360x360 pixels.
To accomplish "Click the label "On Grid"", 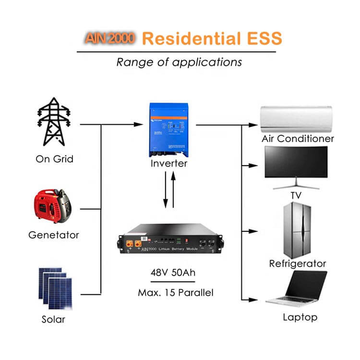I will click(54, 159).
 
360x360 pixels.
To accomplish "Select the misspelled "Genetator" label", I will click(54, 235).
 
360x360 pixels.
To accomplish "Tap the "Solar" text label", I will click(53, 319).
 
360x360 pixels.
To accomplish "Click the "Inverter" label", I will click(168, 164).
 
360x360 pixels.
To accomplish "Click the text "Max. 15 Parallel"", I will click(172, 292).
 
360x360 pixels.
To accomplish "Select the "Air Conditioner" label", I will click(298, 139).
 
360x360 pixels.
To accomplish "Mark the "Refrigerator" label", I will click(298, 264).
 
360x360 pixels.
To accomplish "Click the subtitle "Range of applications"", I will click(179, 62).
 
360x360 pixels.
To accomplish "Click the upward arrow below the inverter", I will click(174, 190).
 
